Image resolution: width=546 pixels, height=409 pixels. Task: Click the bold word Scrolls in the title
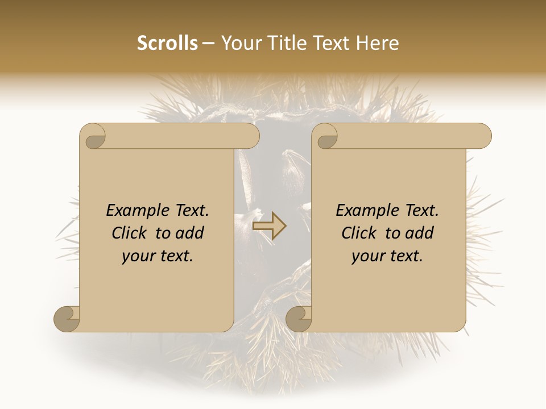167,43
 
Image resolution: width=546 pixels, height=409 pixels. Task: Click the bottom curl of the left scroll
67,319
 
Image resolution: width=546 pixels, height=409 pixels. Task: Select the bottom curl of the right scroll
299,319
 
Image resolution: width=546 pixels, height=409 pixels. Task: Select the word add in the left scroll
191,233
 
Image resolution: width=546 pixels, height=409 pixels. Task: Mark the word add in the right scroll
420,233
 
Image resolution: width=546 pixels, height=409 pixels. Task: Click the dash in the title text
209,44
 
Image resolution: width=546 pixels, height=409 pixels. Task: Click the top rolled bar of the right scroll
409,136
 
